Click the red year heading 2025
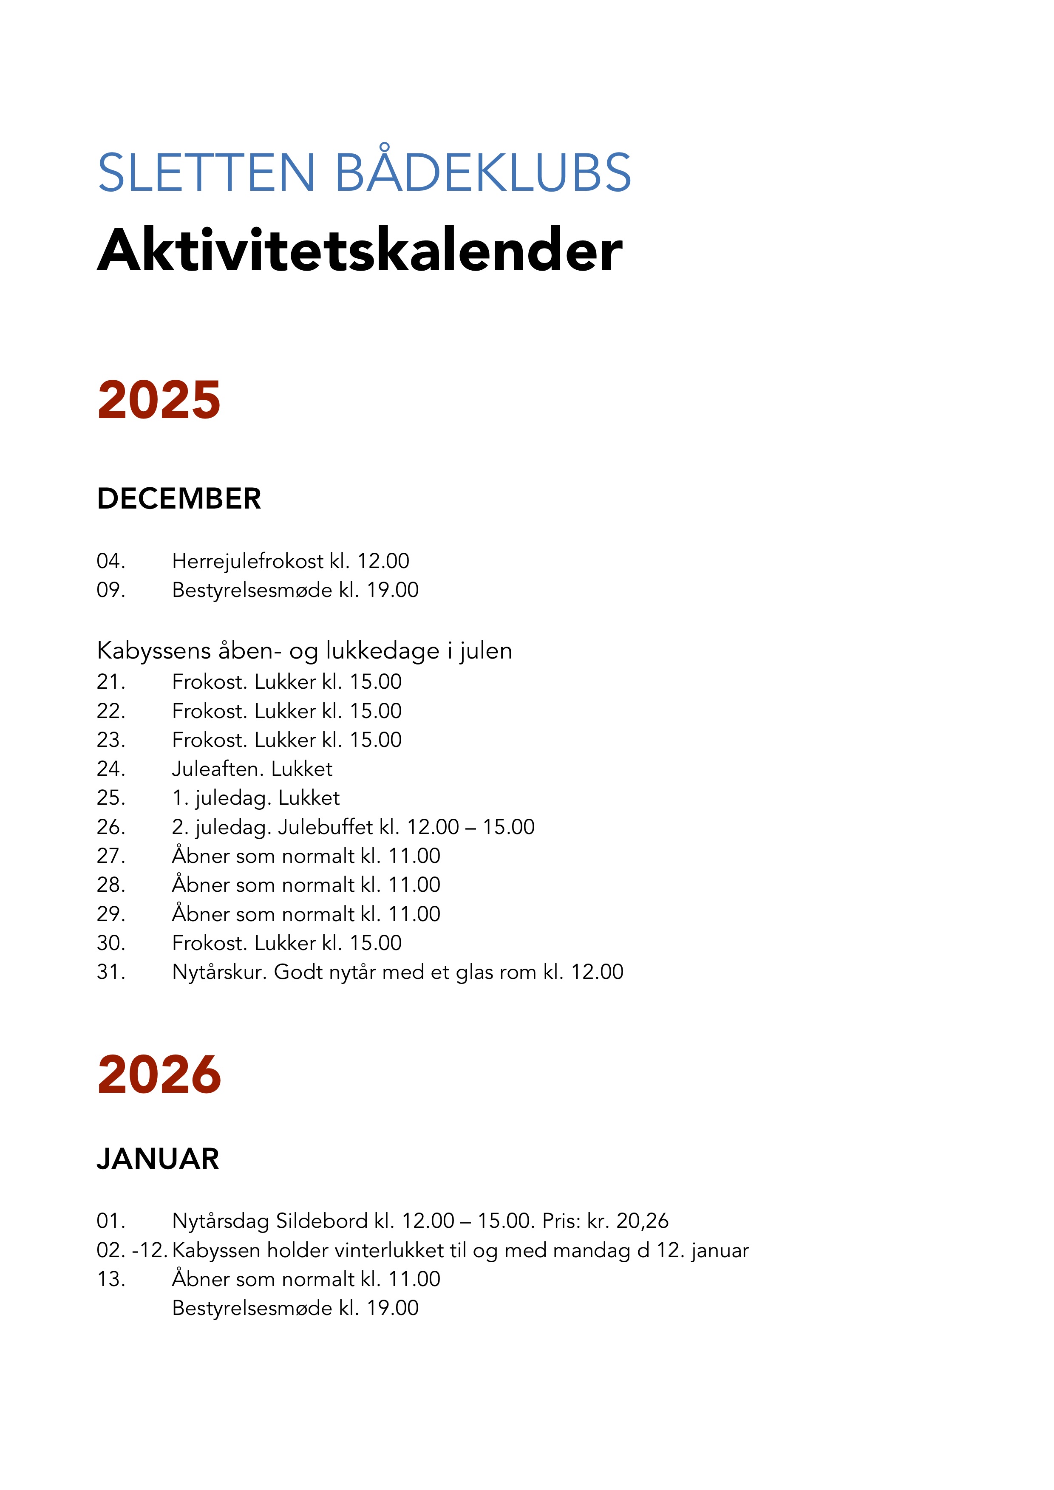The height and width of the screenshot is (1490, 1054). coord(159,400)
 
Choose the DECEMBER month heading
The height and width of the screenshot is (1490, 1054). coord(178,499)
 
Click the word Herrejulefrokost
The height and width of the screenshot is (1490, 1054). coord(247,561)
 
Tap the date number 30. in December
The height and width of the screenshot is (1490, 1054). coord(111,943)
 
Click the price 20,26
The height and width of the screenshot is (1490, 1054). coord(642,1221)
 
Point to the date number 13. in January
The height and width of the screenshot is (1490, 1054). coord(111,1279)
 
